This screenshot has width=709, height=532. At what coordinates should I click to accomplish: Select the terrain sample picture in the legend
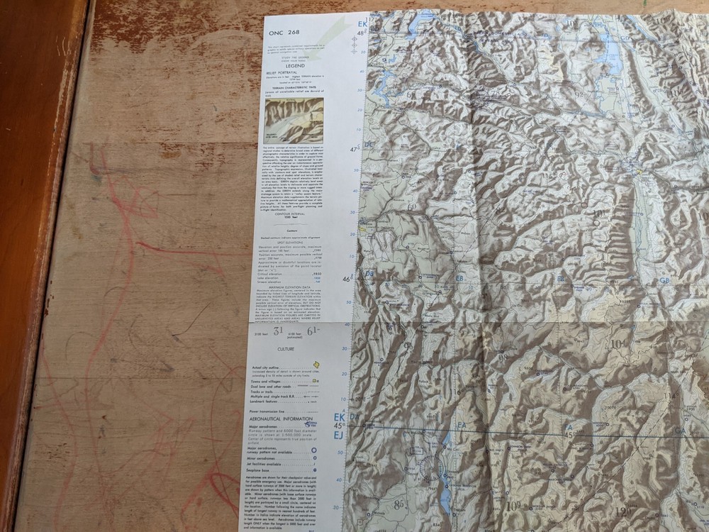[x=294, y=121]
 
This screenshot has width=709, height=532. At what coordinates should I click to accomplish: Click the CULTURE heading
[x=286, y=349]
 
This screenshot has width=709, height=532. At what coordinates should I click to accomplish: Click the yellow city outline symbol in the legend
[x=316, y=365]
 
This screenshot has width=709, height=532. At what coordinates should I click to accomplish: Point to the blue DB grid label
[x=369, y=274]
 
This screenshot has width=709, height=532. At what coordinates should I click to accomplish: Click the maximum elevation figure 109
[x=513, y=506]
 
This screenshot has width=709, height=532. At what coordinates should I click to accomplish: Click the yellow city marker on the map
[x=640, y=170]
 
